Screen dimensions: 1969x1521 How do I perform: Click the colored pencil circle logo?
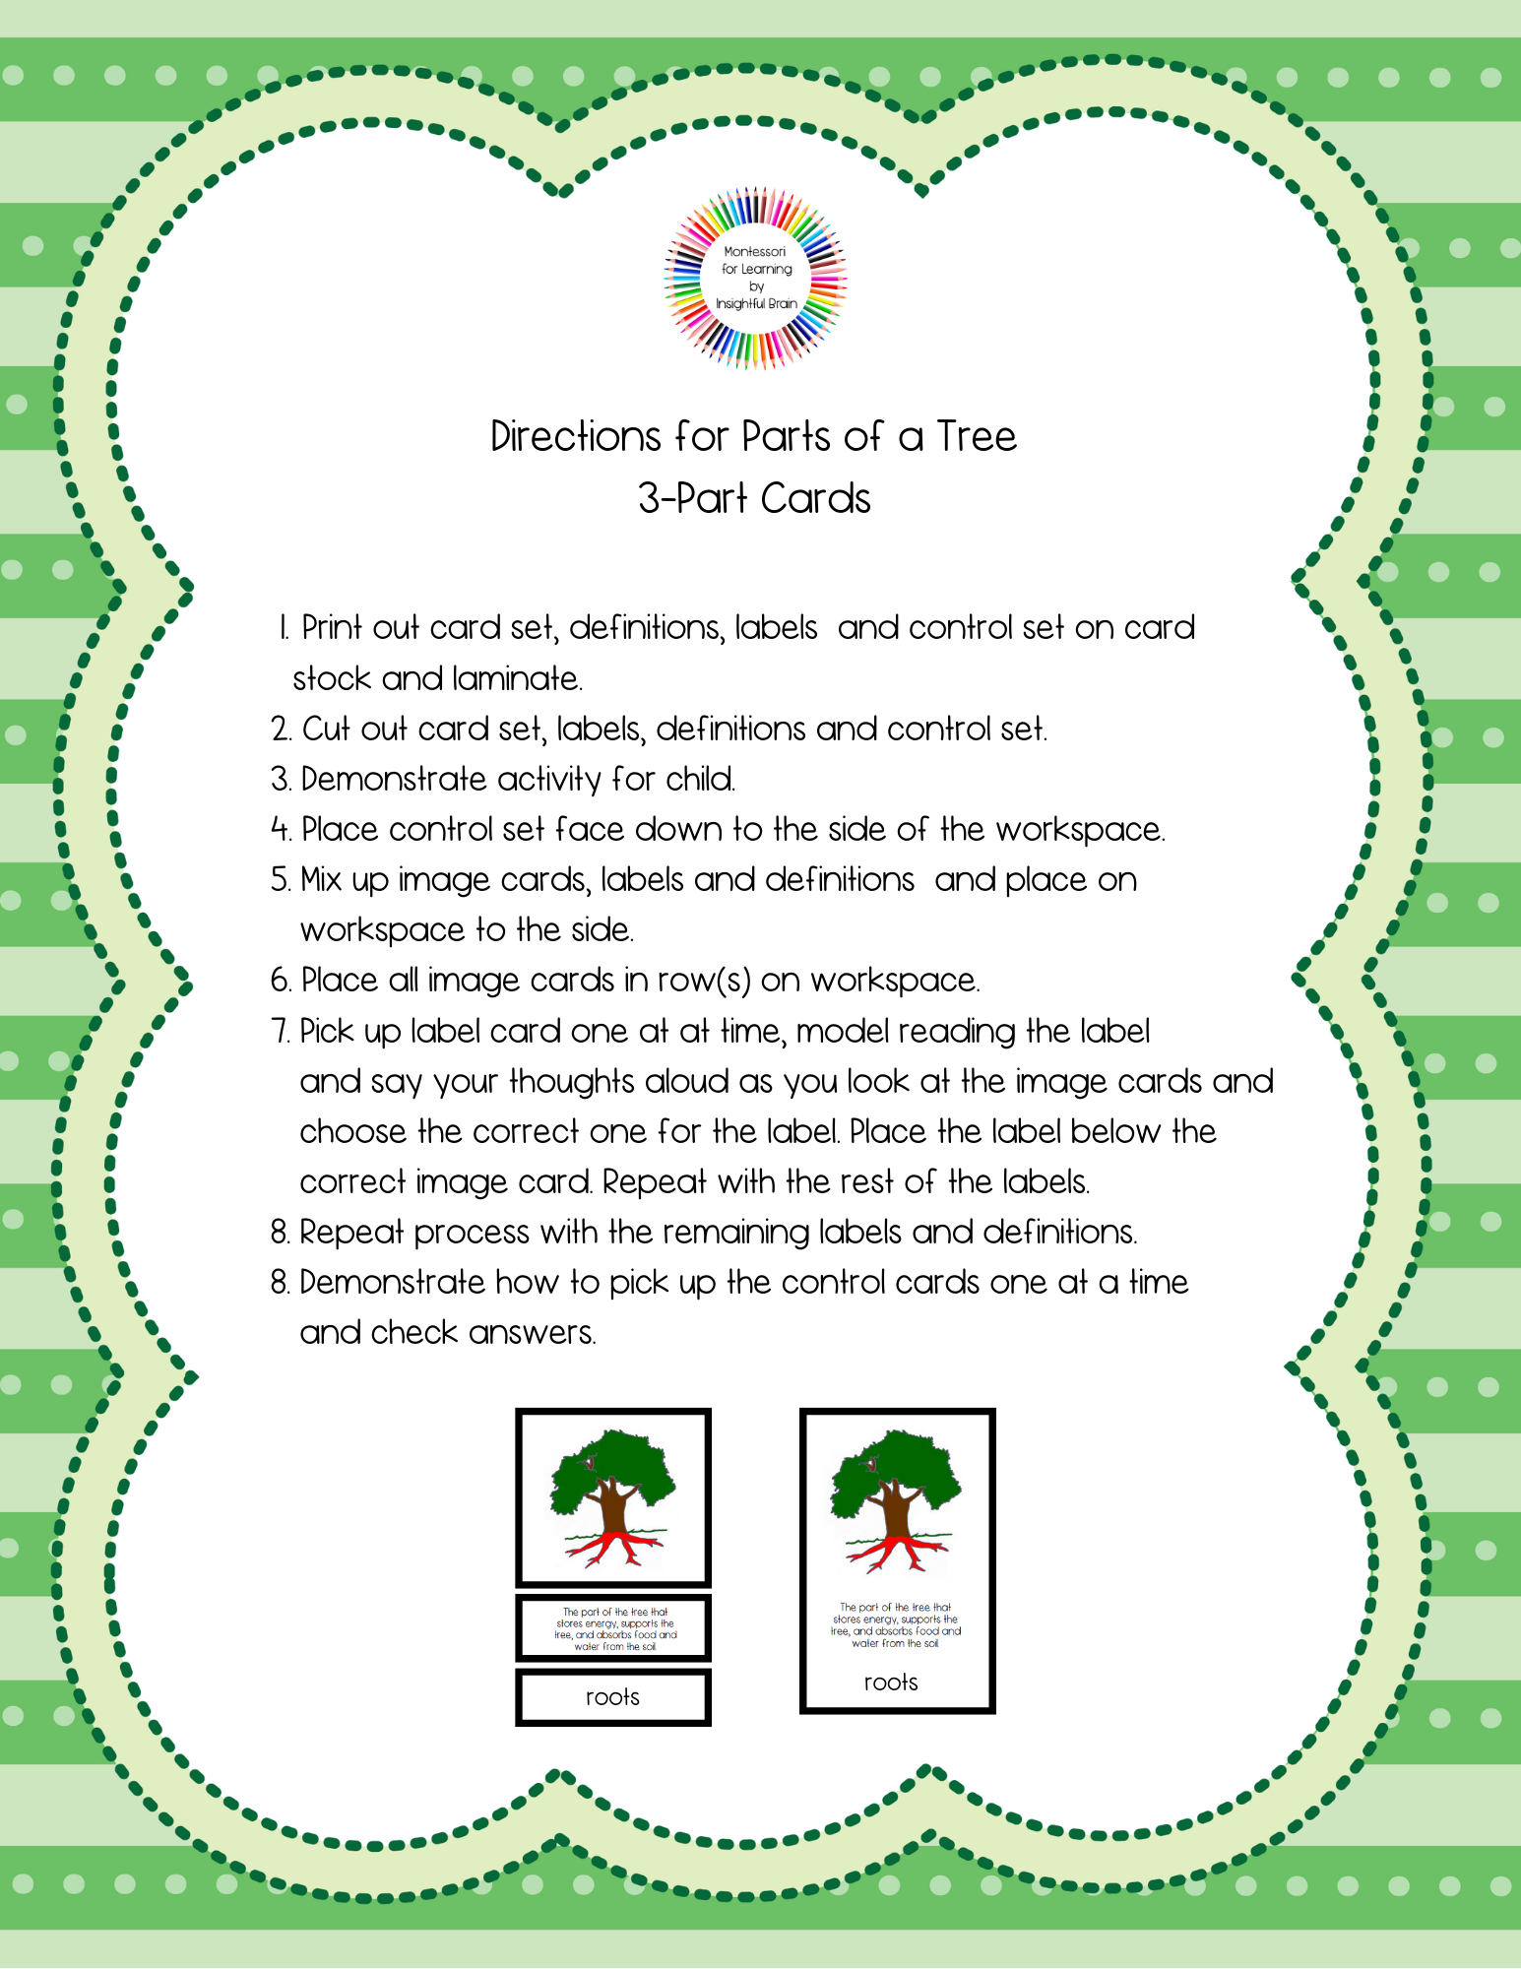click(x=755, y=279)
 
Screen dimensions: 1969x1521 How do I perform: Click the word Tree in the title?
click(x=976, y=436)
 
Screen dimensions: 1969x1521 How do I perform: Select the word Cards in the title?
click(x=815, y=498)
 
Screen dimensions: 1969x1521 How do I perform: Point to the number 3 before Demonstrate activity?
click(x=281, y=779)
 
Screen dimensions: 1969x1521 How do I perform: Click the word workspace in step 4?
click(x=1079, y=829)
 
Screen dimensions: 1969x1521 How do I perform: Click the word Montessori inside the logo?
click(x=755, y=252)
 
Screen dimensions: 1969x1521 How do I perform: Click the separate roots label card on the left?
click(x=612, y=1696)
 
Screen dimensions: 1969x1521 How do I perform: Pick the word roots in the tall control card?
click(x=891, y=1683)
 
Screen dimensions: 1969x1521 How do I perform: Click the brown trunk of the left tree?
click(x=615, y=1506)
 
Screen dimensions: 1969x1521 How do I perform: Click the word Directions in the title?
click(x=576, y=436)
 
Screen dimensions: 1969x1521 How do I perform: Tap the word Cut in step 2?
click(x=326, y=729)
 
